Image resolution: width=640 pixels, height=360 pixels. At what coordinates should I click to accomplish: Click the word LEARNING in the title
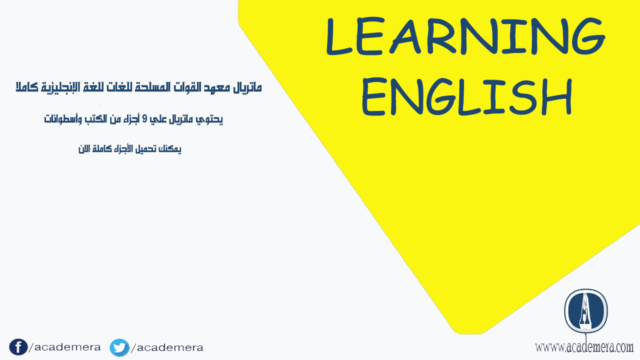(x=465, y=35)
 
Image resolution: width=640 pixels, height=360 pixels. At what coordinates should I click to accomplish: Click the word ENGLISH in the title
(x=467, y=96)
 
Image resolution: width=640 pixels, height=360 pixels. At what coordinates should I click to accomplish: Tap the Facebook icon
(x=18, y=347)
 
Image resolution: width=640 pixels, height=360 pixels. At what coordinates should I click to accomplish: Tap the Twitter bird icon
(x=119, y=347)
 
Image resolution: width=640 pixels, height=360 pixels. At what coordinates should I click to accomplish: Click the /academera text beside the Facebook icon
(x=65, y=347)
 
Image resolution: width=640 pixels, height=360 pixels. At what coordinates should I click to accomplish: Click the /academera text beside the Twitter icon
(x=167, y=347)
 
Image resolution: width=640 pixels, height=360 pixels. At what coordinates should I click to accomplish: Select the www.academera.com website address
(x=584, y=347)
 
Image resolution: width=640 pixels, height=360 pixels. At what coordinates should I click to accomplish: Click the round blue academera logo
(x=585, y=311)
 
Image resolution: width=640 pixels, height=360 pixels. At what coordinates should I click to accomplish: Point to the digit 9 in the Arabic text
(x=145, y=118)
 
